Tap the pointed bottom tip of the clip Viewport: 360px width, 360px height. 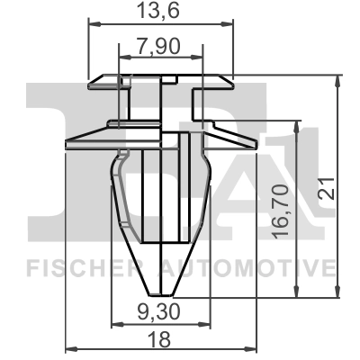pyautogui.click(x=161, y=292)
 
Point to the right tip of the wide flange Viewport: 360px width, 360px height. pyautogui.click(x=256, y=144)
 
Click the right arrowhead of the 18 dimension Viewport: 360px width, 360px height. pyautogui.click(x=254, y=350)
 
